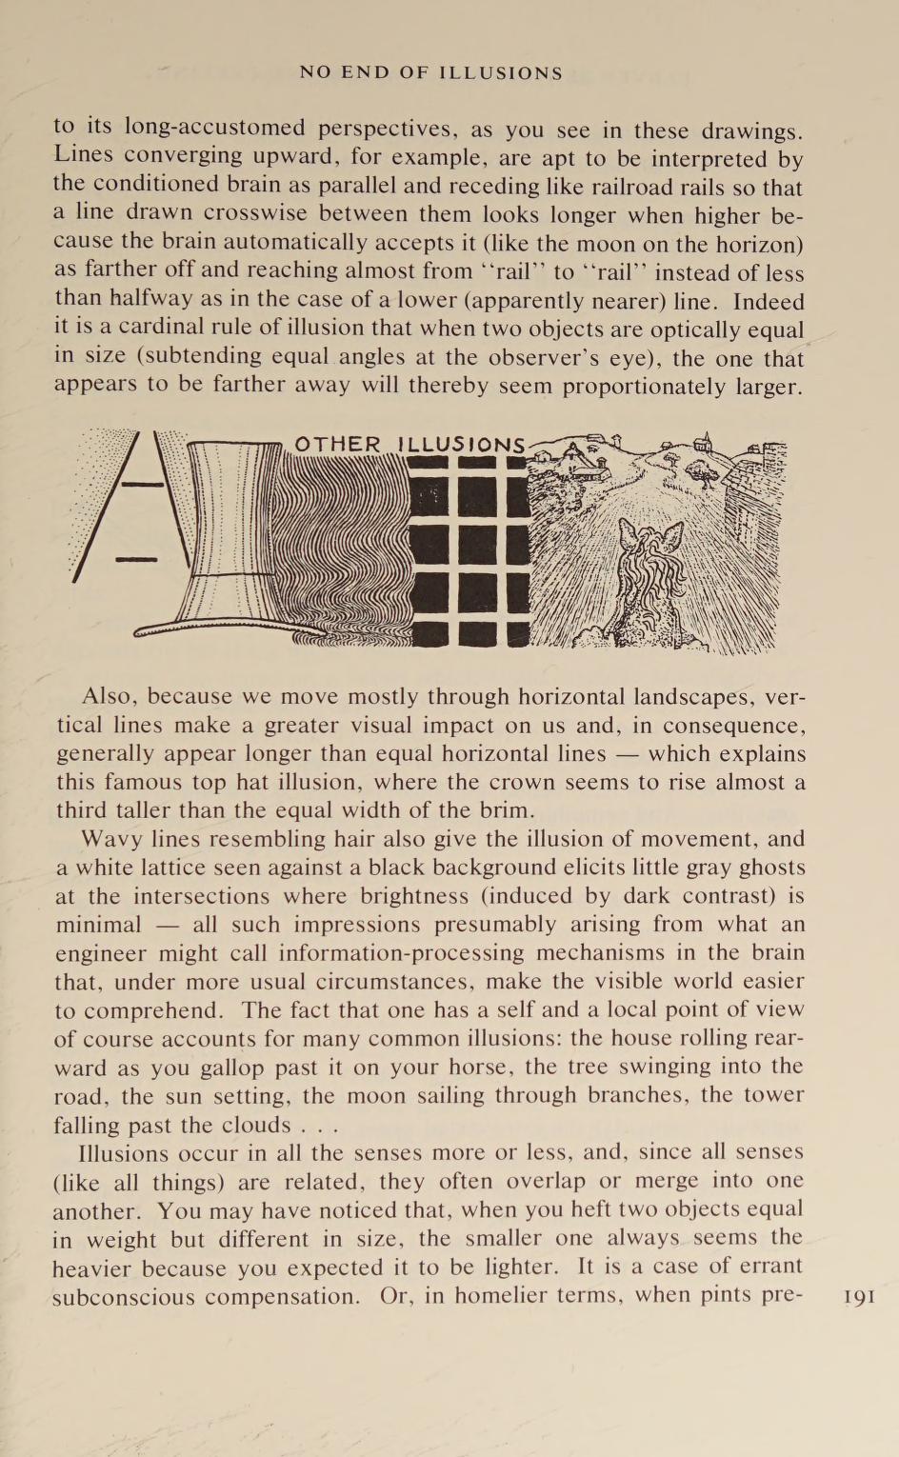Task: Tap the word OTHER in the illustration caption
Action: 337,445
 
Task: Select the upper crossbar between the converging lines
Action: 143,485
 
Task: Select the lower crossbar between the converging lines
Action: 136,558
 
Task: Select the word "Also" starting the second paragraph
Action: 109,696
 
